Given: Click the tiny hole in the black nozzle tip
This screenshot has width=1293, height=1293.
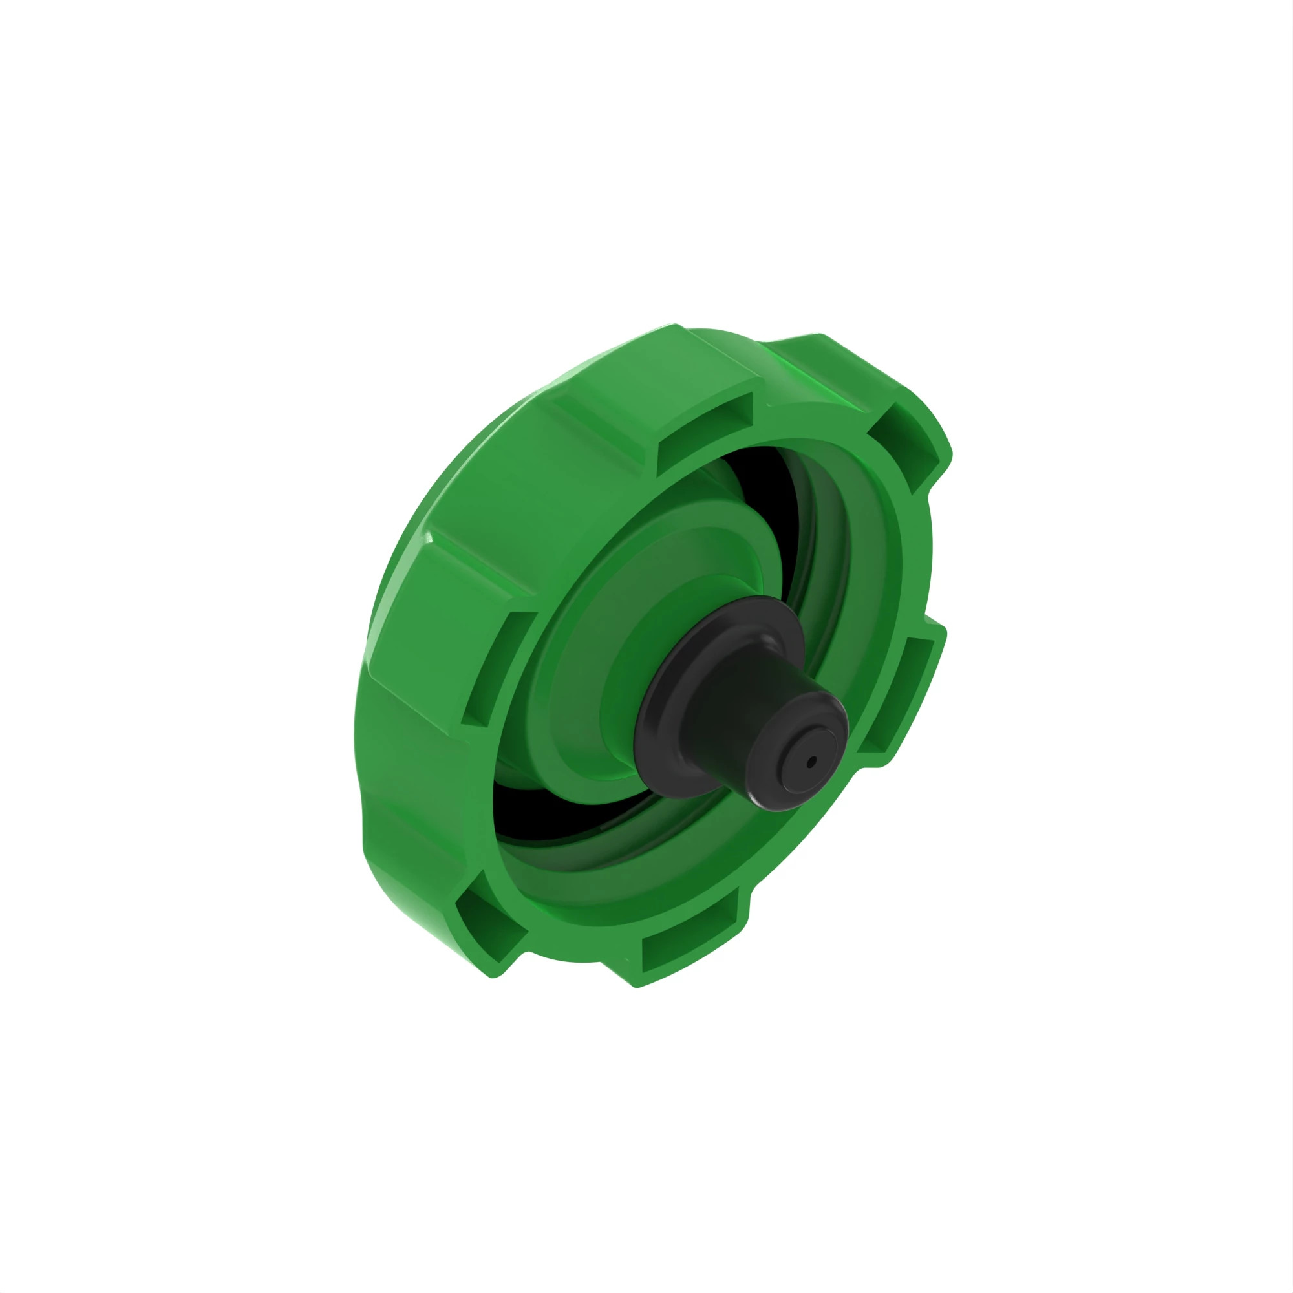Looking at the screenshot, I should tap(812, 761).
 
